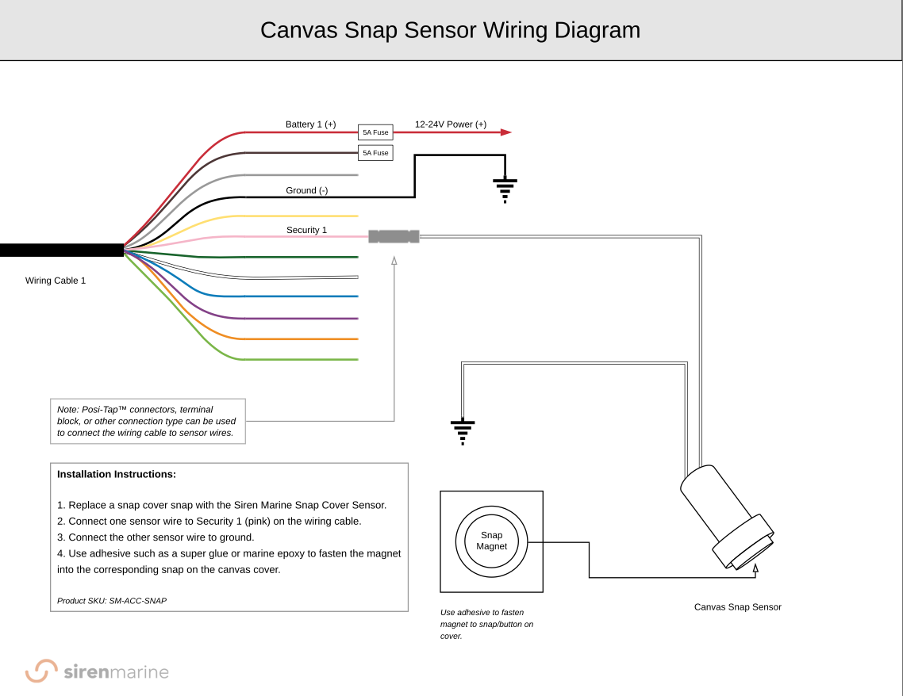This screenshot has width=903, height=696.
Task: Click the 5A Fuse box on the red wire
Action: coord(375,132)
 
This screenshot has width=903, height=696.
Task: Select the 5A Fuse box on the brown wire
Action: coord(375,152)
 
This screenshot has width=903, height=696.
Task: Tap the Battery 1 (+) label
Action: coord(310,124)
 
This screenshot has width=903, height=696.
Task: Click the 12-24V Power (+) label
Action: coord(451,124)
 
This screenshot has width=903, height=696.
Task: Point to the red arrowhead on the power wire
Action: coord(505,132)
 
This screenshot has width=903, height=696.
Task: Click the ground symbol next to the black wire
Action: coord(505,189)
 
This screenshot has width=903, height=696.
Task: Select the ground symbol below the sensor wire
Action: coord(463,431)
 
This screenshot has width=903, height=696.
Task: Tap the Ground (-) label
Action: coord(306,190)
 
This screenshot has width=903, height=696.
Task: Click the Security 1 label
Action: coord(306,230)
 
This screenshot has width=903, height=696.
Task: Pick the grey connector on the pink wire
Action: coord(394,236)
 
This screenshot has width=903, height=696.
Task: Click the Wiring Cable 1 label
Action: coord(56,281)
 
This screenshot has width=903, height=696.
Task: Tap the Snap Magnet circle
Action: coord(491,541)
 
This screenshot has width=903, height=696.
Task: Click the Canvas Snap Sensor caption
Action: coord(737,607)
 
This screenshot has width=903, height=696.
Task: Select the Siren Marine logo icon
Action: coord(41,671)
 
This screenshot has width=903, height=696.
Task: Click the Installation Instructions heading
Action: coord(117,474)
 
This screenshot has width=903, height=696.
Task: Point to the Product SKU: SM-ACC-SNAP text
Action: coord(112,601)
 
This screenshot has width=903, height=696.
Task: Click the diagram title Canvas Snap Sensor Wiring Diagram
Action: coord(450,30)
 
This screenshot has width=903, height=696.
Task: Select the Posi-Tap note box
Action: coord(148,421)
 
